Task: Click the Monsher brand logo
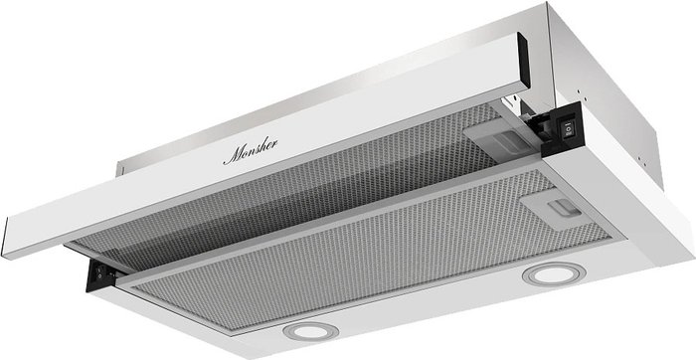point(251,151)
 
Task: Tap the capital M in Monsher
point(233,155)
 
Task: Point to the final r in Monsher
point(273,144)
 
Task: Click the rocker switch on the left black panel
point(99,272)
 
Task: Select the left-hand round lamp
point(310,331)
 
